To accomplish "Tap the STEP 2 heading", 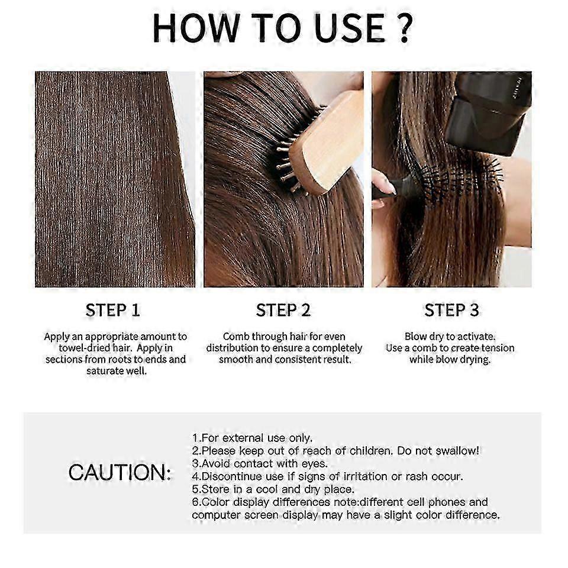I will pyautogui.click(x=283, y=310).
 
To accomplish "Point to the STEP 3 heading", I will pyautogui.click(x=451, y=310).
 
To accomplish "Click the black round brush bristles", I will pyautogui.click(x=467, y=180).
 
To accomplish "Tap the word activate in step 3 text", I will pyautogui.click(x=474, y=336).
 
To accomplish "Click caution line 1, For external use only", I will pyautogui.click(x=252, y=438).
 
